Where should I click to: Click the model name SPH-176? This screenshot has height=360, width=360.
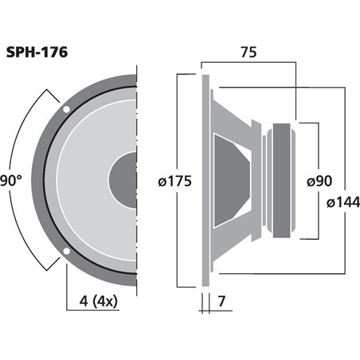coord(37,53)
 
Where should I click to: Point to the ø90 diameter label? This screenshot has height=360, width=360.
coord(319,181)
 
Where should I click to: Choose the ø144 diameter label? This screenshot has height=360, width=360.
coord(342,204)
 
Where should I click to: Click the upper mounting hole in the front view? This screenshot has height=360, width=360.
coord(66,108)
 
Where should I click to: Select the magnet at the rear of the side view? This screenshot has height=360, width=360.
coord(283,180)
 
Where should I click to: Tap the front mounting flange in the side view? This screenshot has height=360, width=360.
coord(205,180)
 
